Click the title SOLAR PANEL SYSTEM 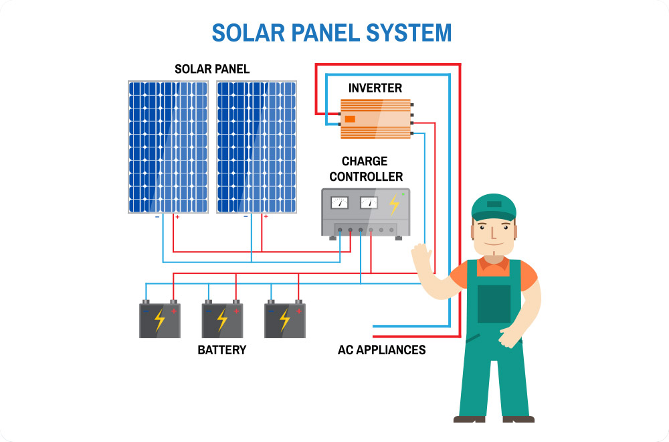(x=332, y=33)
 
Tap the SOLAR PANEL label (x=212, y=69)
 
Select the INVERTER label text (x=375, y=88)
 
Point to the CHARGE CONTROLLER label (x=366, y=169)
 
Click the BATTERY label (x=221, y=350)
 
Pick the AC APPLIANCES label (x=381, y=350)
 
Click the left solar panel (x=168, y=147)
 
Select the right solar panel (x=256, y=147)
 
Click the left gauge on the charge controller (x=341, y=202)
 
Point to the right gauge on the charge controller (x=369, y=202)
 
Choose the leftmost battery (x=159, y=319)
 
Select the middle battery (x=222, y=319)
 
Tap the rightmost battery (x=285, y=319)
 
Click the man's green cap (x=494, y=206)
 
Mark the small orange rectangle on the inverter (x=350, y=119)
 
